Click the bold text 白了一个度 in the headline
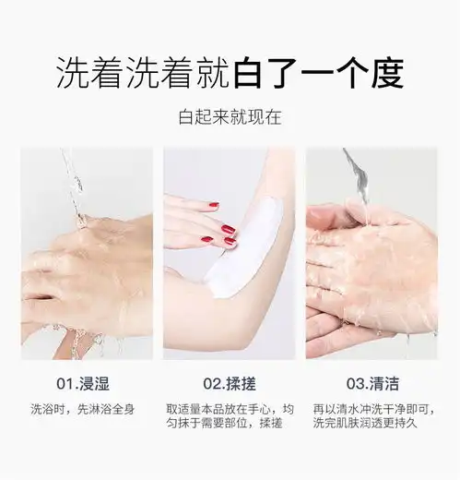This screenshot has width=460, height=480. (319, 73)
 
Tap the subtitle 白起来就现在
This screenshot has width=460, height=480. (230, 116)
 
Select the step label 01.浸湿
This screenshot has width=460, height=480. (83, 384)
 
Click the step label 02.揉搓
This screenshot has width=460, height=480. (230, 384)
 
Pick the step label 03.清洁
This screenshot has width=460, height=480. (372, 384)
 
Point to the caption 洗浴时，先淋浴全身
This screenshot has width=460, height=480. (83, 410)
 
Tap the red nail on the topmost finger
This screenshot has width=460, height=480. (214, 205)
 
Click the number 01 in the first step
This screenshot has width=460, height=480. (65, 384)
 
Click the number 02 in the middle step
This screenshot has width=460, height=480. (211, 384)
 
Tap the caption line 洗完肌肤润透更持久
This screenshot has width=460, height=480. (365, 423)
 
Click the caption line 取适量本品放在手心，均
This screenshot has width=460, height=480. (230, 410)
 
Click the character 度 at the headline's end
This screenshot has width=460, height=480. (388, 73)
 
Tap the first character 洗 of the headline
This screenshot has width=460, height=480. (73, 73)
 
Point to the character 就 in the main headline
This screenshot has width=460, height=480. (213, 73)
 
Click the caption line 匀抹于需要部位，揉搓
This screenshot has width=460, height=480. (224, 423)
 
